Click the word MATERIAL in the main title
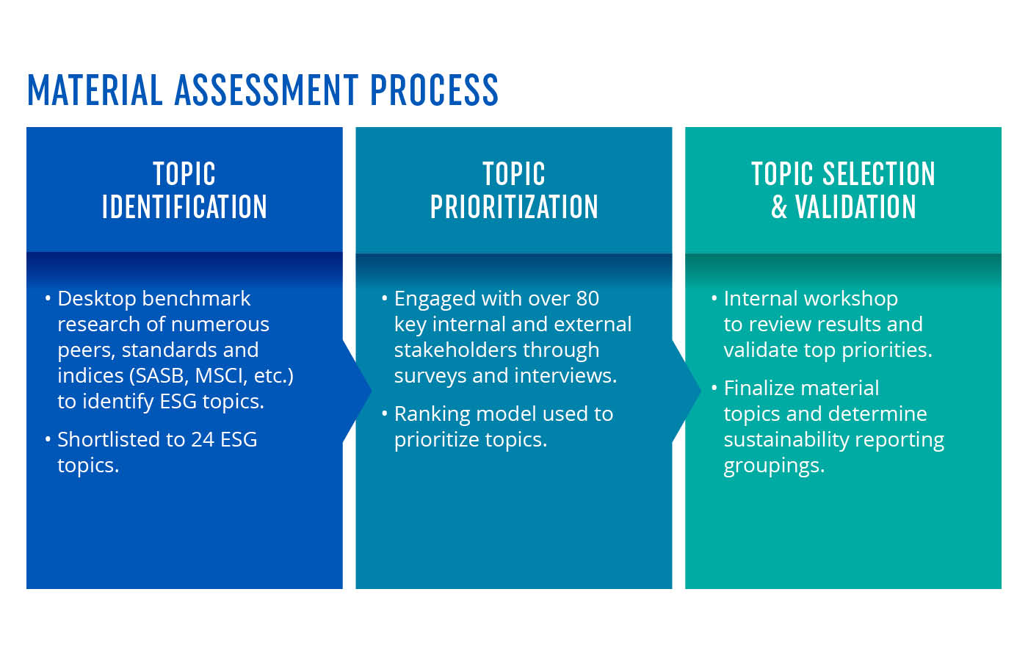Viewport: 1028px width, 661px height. coord(95,90)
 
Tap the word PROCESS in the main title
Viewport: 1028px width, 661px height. coord(434,90)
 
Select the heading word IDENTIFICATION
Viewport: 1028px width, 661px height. coord(184,207)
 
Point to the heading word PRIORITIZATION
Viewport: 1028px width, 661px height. coord(514,207)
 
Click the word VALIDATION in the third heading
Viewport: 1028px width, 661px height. coord(856,207)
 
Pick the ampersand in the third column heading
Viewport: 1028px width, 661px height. coord(779,207)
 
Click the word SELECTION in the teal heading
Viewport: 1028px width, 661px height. coord(879,174)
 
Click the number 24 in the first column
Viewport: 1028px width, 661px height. coord(203,440)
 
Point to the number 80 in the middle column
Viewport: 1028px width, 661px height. coord(587,299)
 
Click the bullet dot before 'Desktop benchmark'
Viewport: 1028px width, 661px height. coord(48,299)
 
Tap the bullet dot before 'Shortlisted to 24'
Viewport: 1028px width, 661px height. coord(48,440)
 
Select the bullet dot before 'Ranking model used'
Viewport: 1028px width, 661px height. coord(385,414)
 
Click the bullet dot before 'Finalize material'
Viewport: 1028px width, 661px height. coord(714,389)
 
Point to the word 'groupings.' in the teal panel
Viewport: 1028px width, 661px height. coord(774,466)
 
